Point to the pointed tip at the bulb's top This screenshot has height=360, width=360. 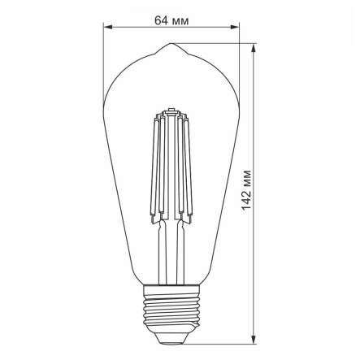(171, 45)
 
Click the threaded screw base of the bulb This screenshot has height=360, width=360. (171, 312)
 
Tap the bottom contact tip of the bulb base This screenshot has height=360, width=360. (171, 338)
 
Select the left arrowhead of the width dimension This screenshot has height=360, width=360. (108, 28)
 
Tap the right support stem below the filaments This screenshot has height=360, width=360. (180, 252)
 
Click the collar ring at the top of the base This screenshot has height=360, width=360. (171, 288)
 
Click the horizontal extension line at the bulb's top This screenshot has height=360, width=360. (219, 44)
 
